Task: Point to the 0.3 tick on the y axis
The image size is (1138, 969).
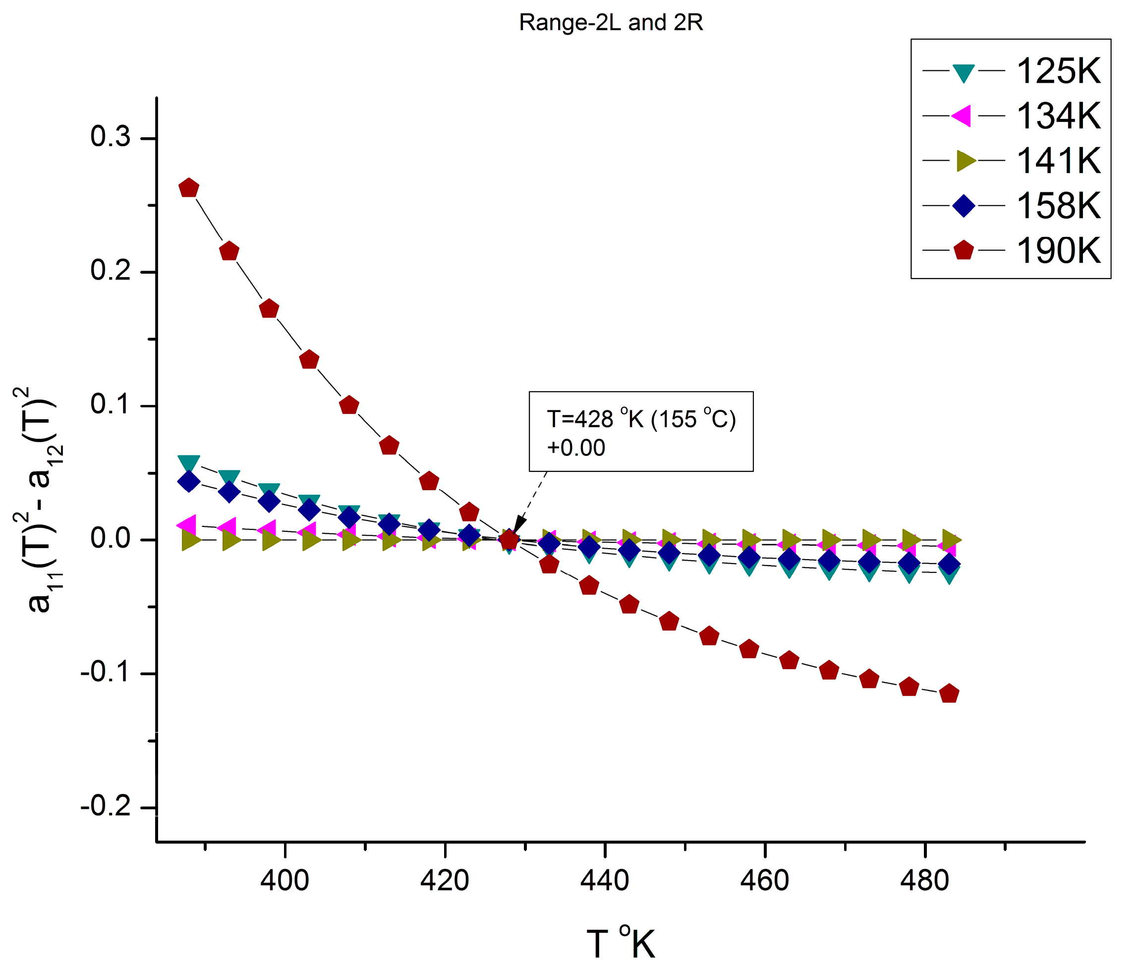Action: pos(111,137)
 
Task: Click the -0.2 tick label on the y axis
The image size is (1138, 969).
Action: pos(106,807)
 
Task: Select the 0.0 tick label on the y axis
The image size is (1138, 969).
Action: pos(111,539)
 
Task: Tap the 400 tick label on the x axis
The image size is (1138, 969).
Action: pos(284,880)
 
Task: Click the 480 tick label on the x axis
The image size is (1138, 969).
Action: pos(925,880)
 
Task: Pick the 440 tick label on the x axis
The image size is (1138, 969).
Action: pos(605,880)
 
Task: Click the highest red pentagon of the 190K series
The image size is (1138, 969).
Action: pos(189,188)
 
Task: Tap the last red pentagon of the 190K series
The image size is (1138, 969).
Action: pos(949,694)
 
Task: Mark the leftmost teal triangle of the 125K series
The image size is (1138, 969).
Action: pos(189,462)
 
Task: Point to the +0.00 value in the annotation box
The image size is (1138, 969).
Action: pos(575,448)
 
